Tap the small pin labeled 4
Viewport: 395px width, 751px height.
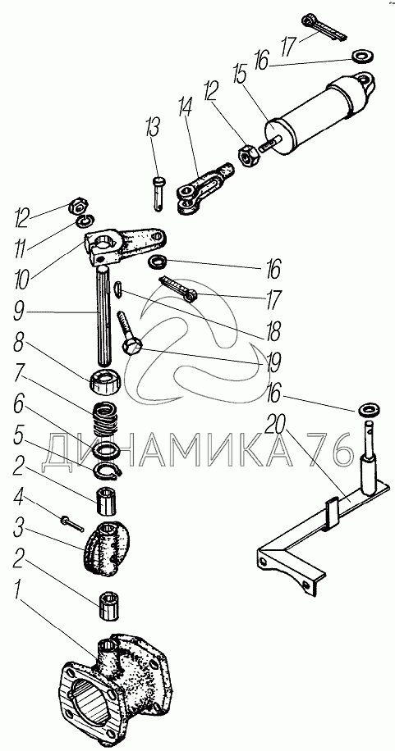pyautogui.click(x=72, y=522)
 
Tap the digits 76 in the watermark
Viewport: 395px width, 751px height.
pyautogui.click(x=330, y=451)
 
